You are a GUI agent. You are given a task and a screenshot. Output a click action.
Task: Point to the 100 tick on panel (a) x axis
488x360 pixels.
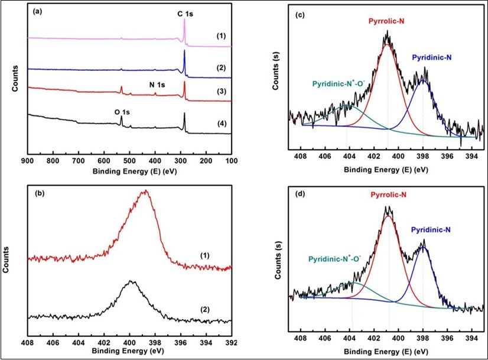click(x=230, y=160)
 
